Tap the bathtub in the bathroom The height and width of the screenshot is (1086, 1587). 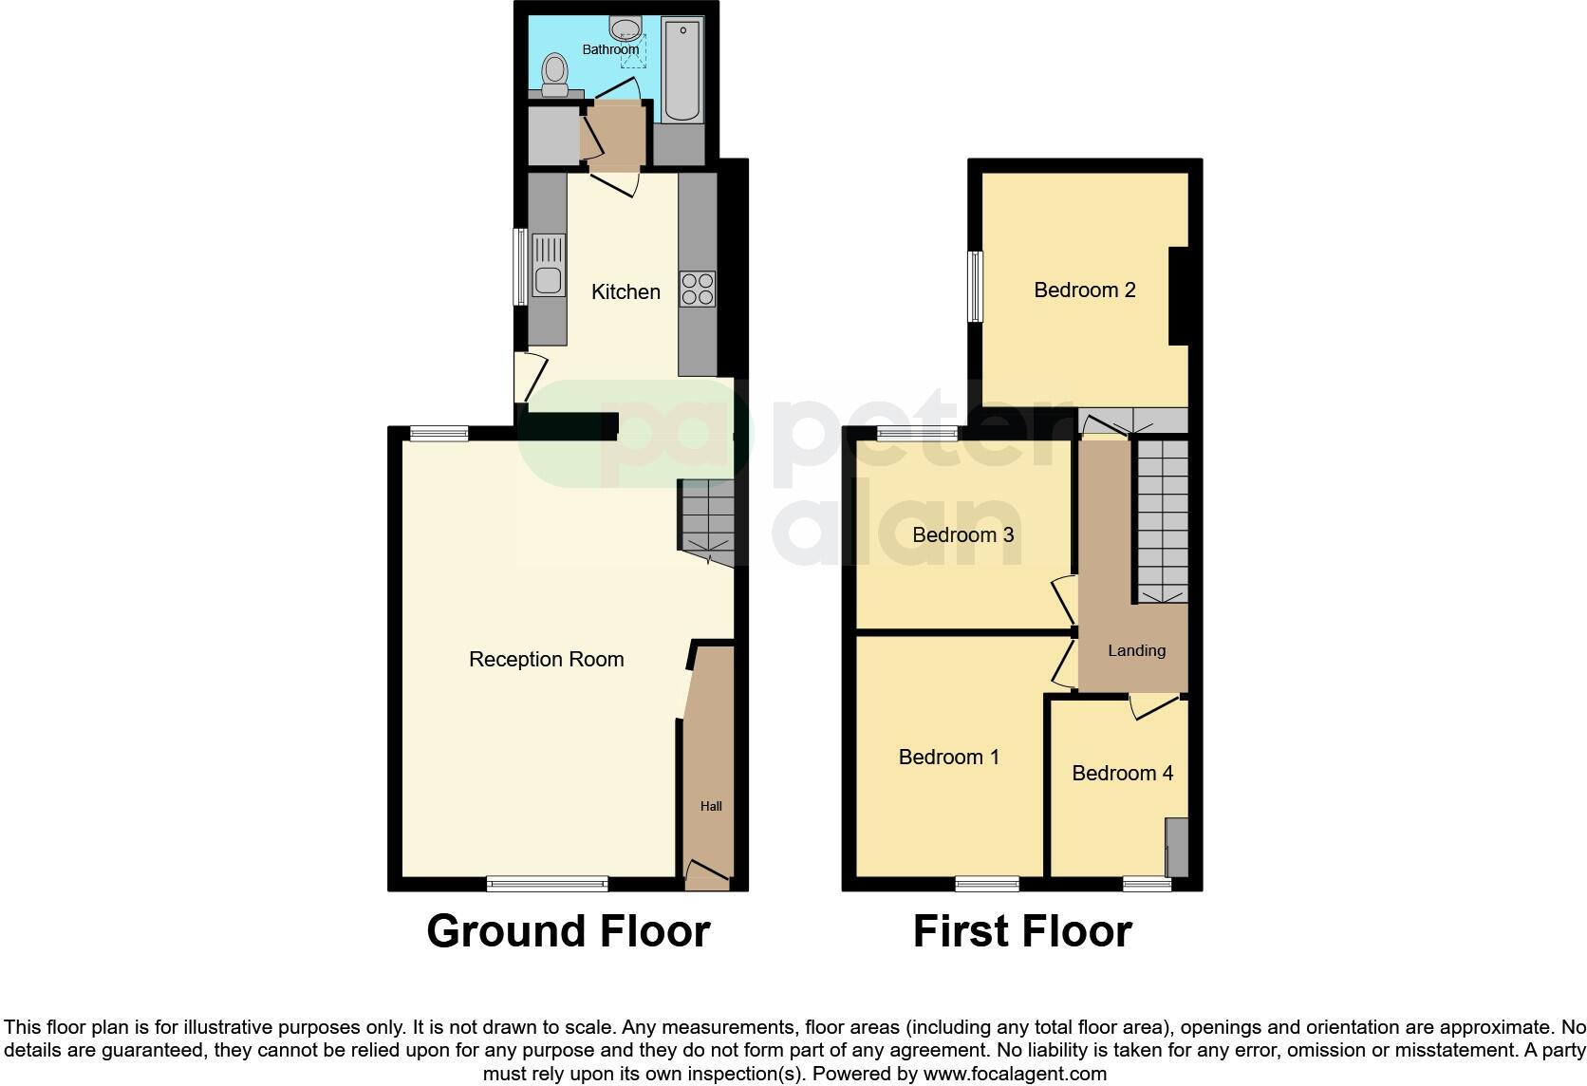pos(682,71)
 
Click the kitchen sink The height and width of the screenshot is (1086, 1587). pos(548,280)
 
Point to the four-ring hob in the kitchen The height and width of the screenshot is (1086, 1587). pos(697,290)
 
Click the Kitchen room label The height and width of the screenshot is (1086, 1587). pos(625,292)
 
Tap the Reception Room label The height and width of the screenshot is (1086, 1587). pos(546,660)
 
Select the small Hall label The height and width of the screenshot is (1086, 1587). pos(711,806)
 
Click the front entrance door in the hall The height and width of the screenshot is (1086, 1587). pos(706,873)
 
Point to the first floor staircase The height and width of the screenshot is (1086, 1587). pos(1162,520)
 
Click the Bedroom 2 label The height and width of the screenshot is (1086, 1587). pos(1084,290)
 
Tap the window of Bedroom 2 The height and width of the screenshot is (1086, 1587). pos(975,286)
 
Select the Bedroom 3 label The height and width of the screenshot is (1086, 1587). pos(962,535)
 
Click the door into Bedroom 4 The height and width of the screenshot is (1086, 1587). pos(1152,705)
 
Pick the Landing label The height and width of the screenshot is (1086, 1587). pos(1136,651)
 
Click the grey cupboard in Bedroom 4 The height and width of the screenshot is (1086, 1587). pos(1176,847)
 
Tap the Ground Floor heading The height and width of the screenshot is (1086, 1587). pos(568,931)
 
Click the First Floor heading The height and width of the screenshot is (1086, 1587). pos(1021,931)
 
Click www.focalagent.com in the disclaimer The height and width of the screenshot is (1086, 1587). pos(1014,1075)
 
